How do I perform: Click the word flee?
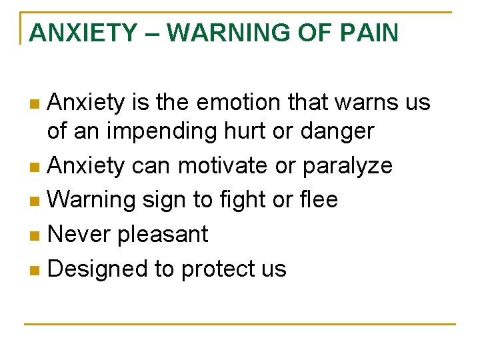pos(317,199)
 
